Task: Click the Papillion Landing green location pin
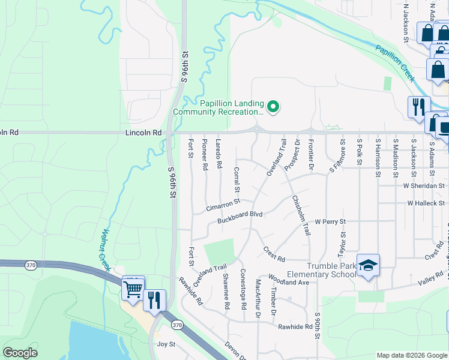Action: (x=273, y=107)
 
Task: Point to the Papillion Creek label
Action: (x=395, y=62)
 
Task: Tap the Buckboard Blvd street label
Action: (x=241, y=215)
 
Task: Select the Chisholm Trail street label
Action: (x=301, y=215)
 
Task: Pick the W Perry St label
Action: (x=330, y=222)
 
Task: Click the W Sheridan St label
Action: (x=424, y=186)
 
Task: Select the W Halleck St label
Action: (x=426, y=204)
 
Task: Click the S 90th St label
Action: (x=317, y=325)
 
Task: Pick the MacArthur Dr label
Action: (x=258, y=298)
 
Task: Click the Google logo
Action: (x=20, y=353)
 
